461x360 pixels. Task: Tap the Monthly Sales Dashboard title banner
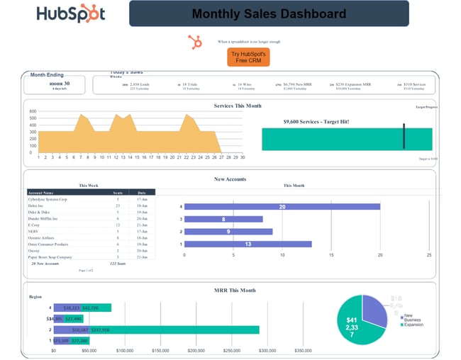(269, 13)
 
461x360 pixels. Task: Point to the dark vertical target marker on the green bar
(404, 136)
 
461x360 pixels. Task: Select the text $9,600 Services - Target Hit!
(316, 121)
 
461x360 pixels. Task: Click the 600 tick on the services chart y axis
(32, 111)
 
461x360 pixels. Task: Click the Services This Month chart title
(238, 106)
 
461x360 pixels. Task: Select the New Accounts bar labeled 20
(282, 207)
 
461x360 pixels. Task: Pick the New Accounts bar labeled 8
(224, 220)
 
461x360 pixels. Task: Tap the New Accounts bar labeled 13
(248, 244)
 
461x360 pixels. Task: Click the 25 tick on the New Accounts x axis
(428, 254)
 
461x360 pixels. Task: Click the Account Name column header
(42, 192)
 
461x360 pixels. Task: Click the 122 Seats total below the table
(117, 263)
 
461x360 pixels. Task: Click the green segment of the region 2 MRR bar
(184, 330)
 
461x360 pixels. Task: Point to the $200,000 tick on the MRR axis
(196, 350)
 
